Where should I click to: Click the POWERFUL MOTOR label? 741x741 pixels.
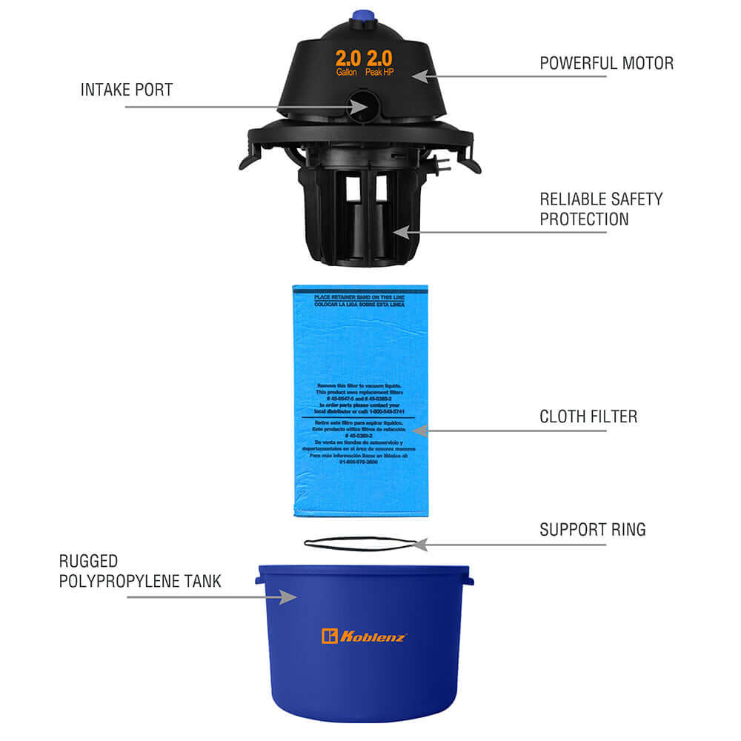tap(606, 63)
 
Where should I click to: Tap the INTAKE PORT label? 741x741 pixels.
tap(127, 90)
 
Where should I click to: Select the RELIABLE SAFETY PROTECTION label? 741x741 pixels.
tap(601, 209)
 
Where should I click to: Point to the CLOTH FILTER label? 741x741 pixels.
tap(588, 416)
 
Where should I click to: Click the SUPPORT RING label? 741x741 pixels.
tap(593, 530)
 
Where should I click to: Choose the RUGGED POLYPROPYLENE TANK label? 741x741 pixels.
tap(139, 571)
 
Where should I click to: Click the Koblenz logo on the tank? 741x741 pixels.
tap(364, 636)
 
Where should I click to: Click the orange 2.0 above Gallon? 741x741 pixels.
tap(348, 59)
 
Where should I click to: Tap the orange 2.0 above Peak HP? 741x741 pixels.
tap(379, 59)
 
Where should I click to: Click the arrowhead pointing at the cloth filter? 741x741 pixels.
tap(419, 430)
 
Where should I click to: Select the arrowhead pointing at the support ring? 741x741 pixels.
tap(419, 545)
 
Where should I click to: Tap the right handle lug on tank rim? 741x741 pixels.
tap(468, 576)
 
